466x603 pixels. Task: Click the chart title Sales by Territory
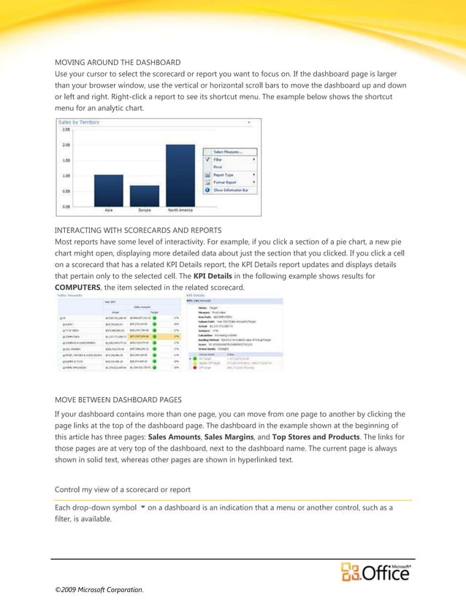pyautogui.click(x=82, y=122)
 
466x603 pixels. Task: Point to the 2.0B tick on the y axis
pyautogui.click(x=64, y=145)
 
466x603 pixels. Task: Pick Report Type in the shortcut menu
pyautogui.click(x=225, y=174)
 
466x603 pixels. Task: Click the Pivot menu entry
pyautogui.click(x=218, y=166)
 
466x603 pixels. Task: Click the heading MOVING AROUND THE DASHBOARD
pyautogui.click(x=118, y=62)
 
